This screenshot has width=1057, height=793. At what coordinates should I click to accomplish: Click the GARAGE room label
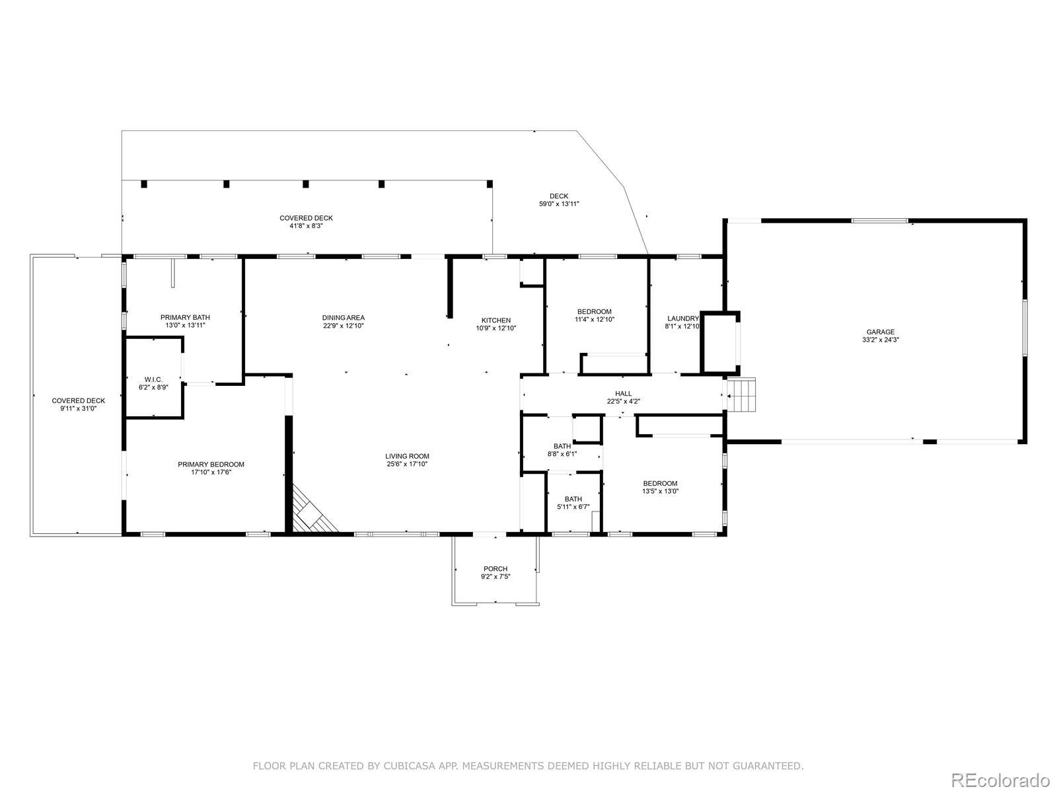pyautogui.click(x=880, y=332)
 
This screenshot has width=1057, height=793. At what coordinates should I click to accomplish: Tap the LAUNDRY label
pyautogui.click(x=683, y=319)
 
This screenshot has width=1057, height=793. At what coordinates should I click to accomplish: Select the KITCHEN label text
pyautogui.click(x=496, y=321)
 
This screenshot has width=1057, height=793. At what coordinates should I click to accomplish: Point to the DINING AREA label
pyautogui.click(x=344, y=317)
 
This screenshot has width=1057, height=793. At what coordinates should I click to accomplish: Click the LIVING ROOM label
pyautogui.click(x=407, y=456)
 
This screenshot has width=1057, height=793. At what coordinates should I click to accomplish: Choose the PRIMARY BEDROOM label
pyautogui.click(x=211, y=464)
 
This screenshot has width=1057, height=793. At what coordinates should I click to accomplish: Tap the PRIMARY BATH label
pyautogui.click(x=185, y=317)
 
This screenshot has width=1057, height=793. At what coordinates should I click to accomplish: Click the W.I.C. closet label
pyautogui.click(x=154, y=379)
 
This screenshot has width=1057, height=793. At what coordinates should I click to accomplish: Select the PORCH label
pyautogui.click(x=495, y=568)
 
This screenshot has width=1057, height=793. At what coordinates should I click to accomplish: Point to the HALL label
pyautogui.click(x=623, y=393)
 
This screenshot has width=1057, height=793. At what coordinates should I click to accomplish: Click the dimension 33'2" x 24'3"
pyautogui.click(x=880, y=340)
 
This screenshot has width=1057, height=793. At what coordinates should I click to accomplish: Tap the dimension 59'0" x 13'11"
pyautogui.click(x=559, y=204)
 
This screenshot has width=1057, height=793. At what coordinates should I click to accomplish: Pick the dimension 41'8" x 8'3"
pyautogui.click(x=307, y=225)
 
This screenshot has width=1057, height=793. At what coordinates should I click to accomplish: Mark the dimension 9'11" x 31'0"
pyautogui.click(x=79, y=408)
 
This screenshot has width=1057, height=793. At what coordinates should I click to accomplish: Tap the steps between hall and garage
pyautogui.click(x=741, y=395)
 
